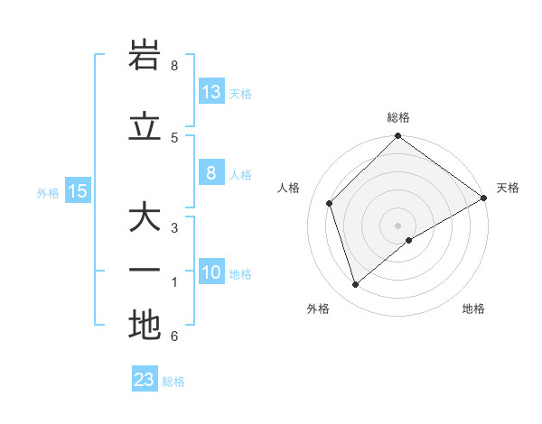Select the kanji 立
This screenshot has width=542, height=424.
145,127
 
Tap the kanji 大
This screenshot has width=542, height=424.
145,218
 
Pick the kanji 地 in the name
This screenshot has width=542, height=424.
145,325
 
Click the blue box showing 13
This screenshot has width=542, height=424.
211,91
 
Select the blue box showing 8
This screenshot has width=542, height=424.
211,173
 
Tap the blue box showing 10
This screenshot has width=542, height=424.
211,272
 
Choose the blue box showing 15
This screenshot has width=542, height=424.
78,190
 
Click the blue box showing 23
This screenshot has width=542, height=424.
145,380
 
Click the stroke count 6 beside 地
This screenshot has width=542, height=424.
174,336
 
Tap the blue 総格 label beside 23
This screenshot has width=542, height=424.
173,382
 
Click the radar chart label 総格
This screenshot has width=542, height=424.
398,117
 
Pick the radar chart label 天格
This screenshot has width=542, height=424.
508,188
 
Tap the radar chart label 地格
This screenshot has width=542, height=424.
473,309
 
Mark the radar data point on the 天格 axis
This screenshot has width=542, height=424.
484,198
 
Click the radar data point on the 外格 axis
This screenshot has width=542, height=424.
356,285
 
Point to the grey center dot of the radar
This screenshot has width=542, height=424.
398,225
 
